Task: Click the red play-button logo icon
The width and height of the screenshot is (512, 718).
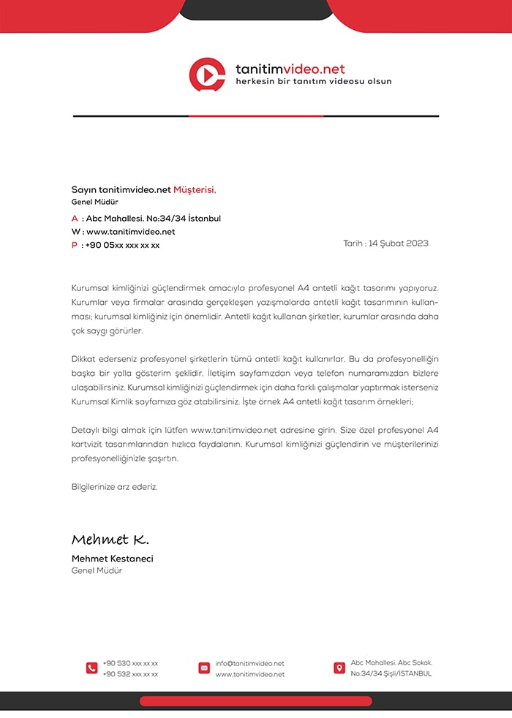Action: click(x=207, y=75)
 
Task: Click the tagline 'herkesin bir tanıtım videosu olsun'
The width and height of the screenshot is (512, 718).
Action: click(x=314, y=81)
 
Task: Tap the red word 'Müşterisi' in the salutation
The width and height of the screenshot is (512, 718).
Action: click(x=194, y=189)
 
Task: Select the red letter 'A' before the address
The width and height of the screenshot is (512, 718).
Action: click(x=75, y=219)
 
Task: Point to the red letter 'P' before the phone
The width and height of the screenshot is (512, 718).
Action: click(x=75, y=246)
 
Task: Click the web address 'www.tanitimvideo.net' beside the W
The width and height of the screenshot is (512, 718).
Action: click(x=131, y=232)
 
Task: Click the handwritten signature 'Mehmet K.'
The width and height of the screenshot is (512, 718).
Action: click(x=110, y=540)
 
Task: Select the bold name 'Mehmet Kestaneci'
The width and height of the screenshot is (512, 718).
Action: click(x=113, y=559)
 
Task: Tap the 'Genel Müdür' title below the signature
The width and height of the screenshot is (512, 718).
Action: click(x=97, y=570)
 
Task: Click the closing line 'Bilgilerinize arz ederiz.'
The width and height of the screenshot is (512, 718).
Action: click(x=114, y=486)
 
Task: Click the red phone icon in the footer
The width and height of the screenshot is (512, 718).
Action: click(x=91, y=668)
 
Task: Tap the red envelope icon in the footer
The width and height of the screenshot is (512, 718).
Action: click(x=204, y=668)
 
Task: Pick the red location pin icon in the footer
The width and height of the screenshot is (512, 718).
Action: click(x=339, y=668)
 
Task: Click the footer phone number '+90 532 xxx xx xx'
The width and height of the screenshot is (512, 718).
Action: click(x=130, y=674)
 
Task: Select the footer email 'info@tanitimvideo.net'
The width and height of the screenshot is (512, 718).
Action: click(x=249, y=663)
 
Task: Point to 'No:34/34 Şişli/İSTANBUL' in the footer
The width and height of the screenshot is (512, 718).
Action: click(x=391, y=673)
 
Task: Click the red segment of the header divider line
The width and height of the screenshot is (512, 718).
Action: click(x=256, y=116)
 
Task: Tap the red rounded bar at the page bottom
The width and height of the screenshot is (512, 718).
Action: click(x=256, y=701)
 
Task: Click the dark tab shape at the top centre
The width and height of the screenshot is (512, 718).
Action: click(x=256, y=9)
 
